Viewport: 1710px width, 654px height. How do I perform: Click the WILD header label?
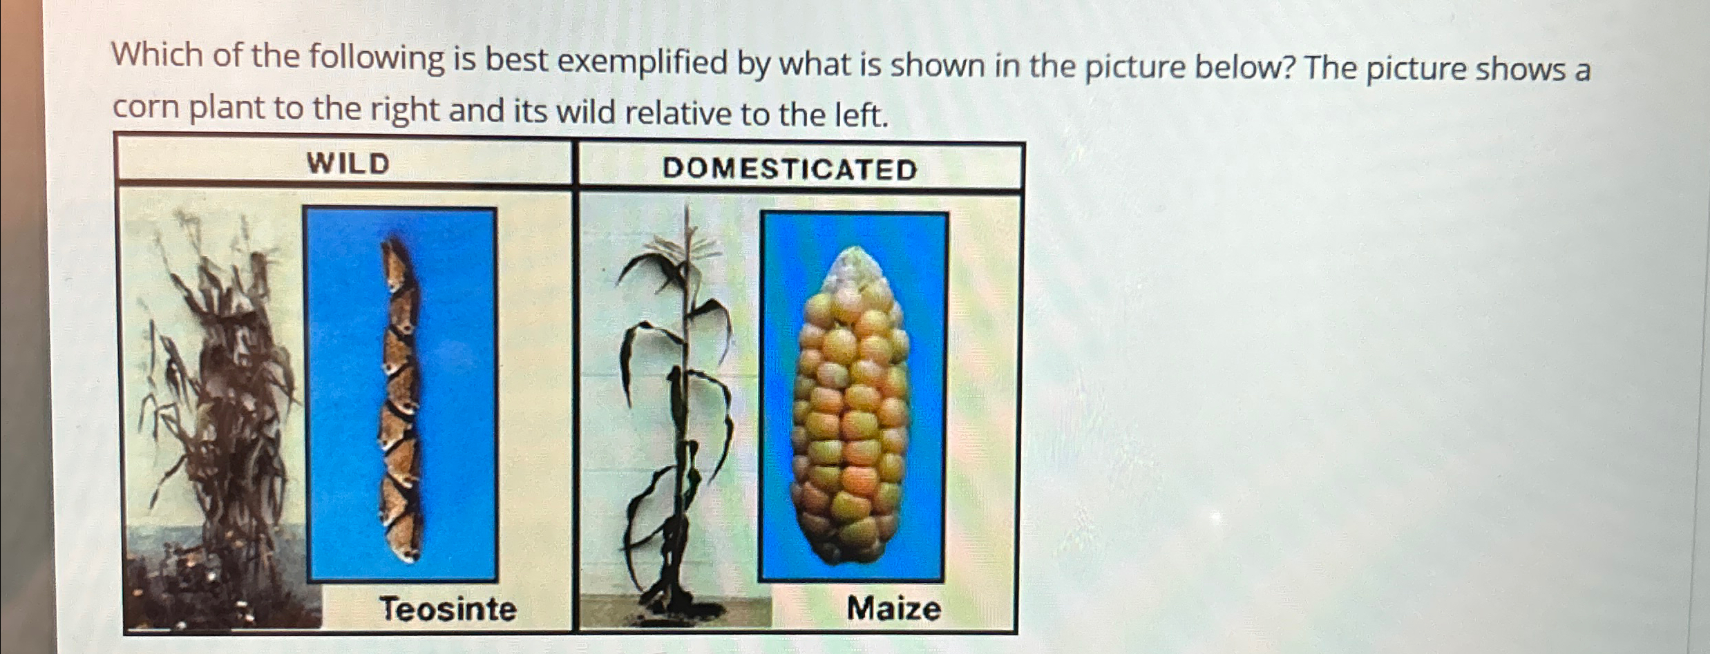(x=348, y=164)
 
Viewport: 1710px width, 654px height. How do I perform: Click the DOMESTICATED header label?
(x=790, y=169)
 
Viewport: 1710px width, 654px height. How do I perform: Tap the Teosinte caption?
(x=448, y=609)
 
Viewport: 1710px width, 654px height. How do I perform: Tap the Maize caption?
(x=893, y=609)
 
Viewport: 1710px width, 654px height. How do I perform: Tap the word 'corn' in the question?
(x=145, y=108)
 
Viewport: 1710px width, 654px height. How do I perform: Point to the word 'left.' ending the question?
(x=861, y=115)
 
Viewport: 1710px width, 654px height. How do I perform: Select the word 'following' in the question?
(x=377, y=59)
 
